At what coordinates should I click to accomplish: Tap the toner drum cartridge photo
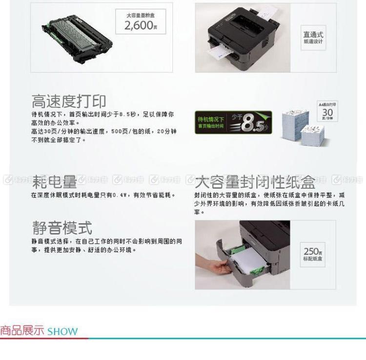75,35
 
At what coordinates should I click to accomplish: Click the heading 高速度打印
69,101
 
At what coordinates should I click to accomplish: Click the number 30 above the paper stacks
327,112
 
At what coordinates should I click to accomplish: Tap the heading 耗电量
55,182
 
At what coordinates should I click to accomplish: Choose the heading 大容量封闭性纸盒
255,182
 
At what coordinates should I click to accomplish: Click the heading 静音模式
62,227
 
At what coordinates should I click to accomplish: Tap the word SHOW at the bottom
62,332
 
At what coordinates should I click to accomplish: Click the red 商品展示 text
22,331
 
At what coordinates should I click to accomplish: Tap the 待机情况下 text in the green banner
211,119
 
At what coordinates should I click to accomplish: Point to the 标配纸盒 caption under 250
313,259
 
